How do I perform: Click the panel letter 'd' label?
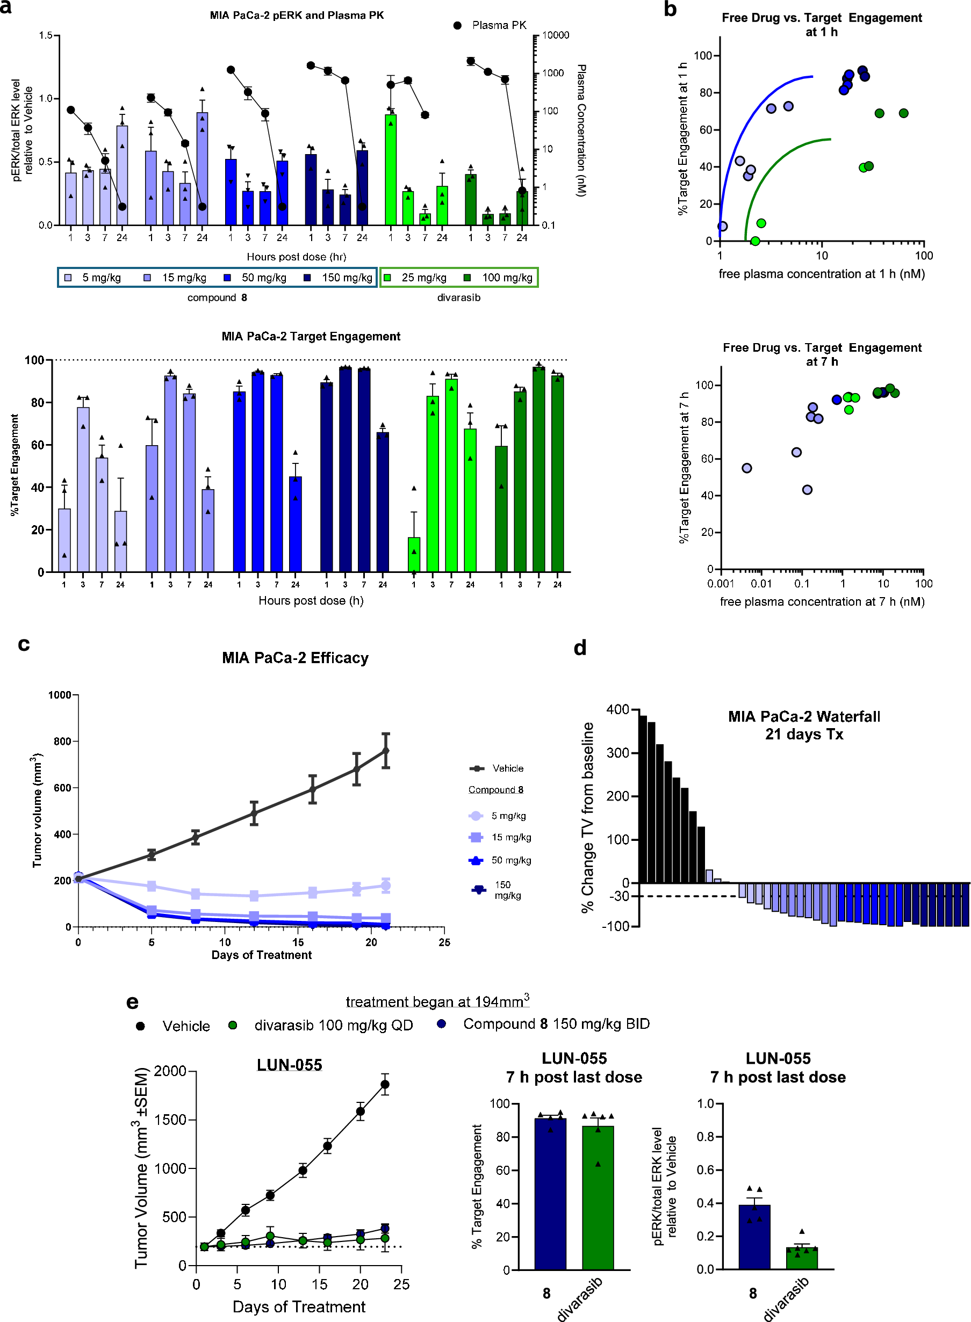pyautogui.click(x=580, y=648)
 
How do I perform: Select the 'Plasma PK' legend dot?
pyautogui.click(x=457, y=25)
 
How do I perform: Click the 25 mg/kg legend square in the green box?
pyautogui.click(x=387, y=277)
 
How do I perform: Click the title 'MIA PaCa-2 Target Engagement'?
pyautogui.click(x=311, y=336)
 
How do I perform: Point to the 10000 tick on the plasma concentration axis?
pyautogui.click(x=555, y=35)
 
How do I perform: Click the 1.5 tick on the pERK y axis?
pyautogui.click(x=45, y=35)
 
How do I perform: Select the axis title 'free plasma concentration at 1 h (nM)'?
pyautogui.click(x=821, y=274)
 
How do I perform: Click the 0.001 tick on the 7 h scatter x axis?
pyautogui.click(x=721, y=583)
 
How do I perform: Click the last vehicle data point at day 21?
pyautogui.click(x=386, y=751)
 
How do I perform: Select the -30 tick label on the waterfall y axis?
pyautogui.click(x=619, y=896)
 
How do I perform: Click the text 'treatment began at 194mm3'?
pyautogui.click(x=437, y=1001)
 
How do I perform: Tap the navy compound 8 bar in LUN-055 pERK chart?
pyautogui.click(x=754, y=1236)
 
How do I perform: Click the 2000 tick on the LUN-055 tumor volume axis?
pyautogui.click(x=170, y=1071)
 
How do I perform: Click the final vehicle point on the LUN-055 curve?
pyautogui.click(x=385, y=1084)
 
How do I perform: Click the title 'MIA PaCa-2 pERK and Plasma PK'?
pyautogui.click(x=297, y=15)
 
